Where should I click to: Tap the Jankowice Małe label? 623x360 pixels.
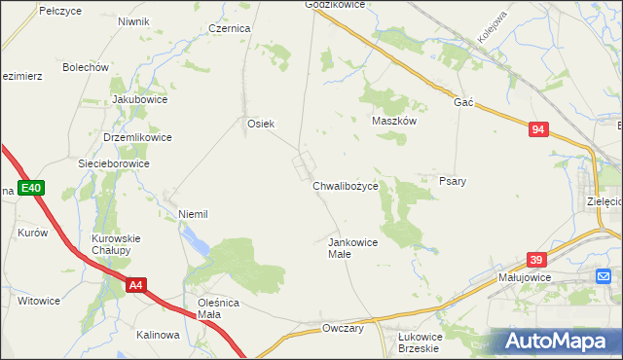click(351, 247)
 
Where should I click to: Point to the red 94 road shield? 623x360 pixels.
click(539, 128)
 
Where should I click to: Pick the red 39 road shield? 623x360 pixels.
click(536, 260)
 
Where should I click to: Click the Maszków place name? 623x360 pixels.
click(394, 122)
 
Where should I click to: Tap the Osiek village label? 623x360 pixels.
click(261, 124)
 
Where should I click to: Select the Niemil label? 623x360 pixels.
click(194, 213)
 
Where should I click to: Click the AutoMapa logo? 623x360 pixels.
click(558, 342)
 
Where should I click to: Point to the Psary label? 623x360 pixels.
click(453, 181)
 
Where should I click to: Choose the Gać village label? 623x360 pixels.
click(462, 102)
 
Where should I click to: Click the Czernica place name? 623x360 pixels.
click(230, 29)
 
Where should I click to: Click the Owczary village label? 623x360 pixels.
click(343, 329)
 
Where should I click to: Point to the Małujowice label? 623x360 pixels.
click(524, 277)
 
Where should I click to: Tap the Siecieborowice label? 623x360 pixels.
click(114, 163)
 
